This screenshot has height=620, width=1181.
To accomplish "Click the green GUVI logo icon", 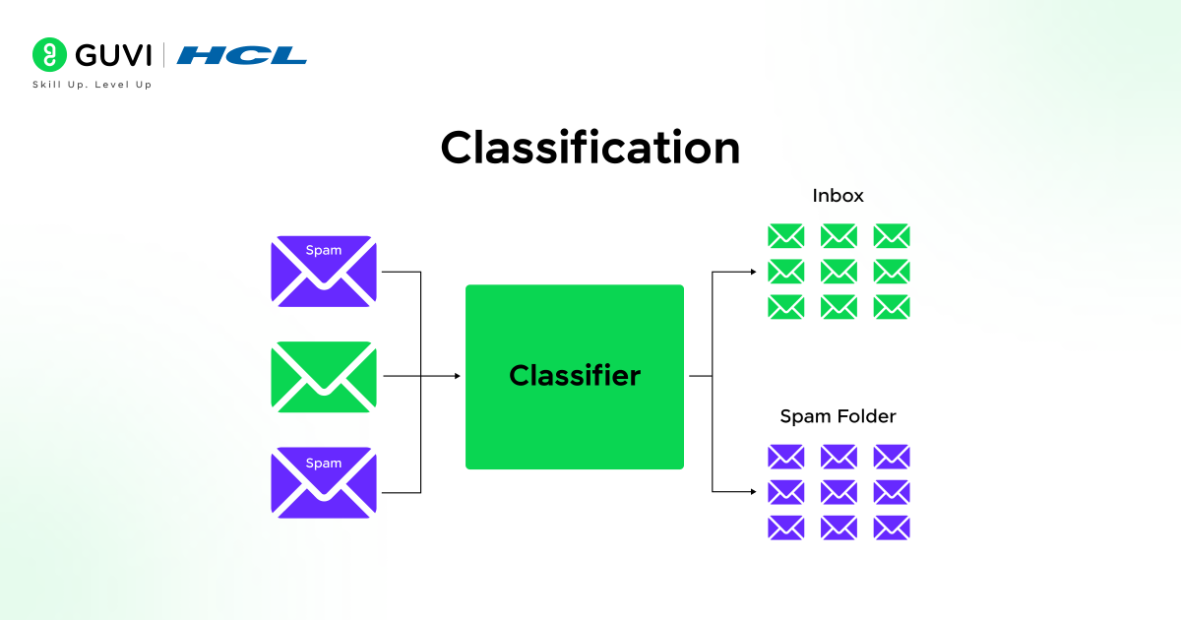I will [48, 55].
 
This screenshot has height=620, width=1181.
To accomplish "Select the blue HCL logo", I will [242, 55].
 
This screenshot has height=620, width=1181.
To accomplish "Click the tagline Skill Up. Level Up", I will [93, 85].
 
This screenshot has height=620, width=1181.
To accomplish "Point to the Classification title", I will [590, 148].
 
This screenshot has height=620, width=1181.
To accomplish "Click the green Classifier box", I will [574, 376].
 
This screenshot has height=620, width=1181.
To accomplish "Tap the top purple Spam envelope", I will [324, 271].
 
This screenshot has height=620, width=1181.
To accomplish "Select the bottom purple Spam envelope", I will [324, 482].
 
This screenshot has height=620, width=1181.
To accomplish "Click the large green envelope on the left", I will [324, 377].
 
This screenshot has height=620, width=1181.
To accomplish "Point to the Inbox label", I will [838, 196].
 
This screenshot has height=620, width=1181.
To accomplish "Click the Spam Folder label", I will [838, 416].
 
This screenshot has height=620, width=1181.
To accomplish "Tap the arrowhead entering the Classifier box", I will [456, 376].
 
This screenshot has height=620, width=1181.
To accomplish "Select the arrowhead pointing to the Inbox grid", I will [751, 271].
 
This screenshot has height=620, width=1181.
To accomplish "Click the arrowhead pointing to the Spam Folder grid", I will [751, 491].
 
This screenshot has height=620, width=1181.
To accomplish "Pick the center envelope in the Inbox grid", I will [839, 271].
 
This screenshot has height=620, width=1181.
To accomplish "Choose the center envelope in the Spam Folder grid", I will [839, 491].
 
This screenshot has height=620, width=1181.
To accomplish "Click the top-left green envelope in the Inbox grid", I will [785, 235].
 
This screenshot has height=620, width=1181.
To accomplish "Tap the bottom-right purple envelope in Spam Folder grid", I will [892, 527].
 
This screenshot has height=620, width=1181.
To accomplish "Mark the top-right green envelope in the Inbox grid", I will [892, 235].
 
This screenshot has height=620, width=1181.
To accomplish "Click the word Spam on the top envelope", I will [324, 250].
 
